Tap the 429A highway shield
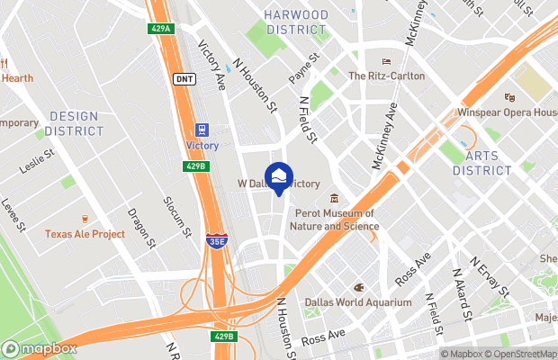(159, 30)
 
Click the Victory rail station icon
(202, 130)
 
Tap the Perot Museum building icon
(334, 199)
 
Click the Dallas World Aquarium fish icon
(358, 288)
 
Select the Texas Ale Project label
(85, 234)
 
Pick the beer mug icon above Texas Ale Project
(85, 219)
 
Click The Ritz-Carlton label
(386, 76)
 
